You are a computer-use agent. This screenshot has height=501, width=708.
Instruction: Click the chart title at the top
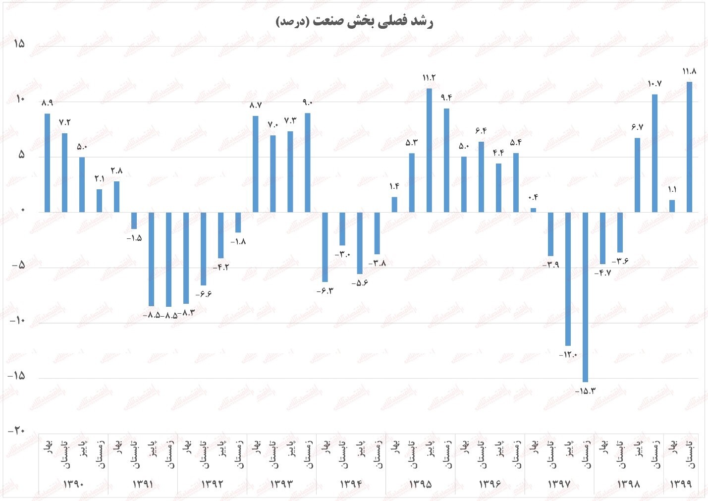[x=354, y=22]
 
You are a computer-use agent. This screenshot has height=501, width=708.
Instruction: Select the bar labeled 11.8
[x=689, y=147]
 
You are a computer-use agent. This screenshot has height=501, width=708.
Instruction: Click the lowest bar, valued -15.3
[x=585, y=297]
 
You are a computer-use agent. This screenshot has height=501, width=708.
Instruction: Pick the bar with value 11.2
[x=429, y=150]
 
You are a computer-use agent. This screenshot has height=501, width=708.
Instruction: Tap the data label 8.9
[x=47, y=103]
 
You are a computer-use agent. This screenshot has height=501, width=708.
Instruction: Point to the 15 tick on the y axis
[x=19, y=44]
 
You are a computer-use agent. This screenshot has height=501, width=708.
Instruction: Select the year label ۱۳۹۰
[x=73, y=484]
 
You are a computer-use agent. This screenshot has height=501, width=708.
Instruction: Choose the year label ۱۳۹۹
[x=680, y=484]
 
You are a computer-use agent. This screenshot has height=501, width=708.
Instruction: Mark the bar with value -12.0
[x=568, y=278]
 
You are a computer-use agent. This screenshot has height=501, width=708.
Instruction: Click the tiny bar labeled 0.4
[x=533, y=210]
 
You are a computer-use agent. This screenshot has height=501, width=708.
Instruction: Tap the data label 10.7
[x=654, y=84]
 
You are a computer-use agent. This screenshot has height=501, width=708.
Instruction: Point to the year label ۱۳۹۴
[x=351, y=484]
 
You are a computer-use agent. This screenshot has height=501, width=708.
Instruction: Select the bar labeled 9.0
[x=308, y=163]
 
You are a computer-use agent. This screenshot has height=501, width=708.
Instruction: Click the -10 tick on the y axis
[x=17, y=321]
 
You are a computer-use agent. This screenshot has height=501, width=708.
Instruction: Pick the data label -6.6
[x=203, y=294]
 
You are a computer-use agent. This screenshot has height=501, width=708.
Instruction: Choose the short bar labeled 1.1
[x=672, y=206]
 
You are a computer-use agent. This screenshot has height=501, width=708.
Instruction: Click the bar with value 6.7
[x=637, y=175]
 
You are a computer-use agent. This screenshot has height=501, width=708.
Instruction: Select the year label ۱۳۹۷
[x=559, y=484]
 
